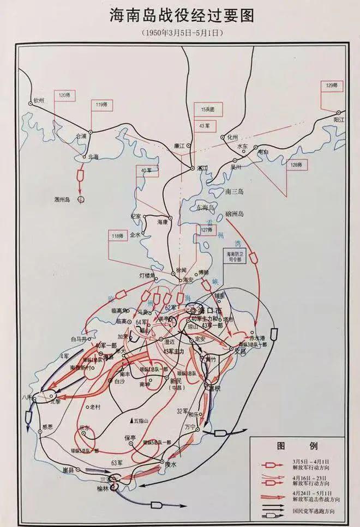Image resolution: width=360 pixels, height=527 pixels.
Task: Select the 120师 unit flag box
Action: coord(65,94)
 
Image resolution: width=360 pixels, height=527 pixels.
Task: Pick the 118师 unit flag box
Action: coord(116,235)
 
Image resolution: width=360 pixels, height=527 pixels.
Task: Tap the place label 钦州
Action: coord(38,101)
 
